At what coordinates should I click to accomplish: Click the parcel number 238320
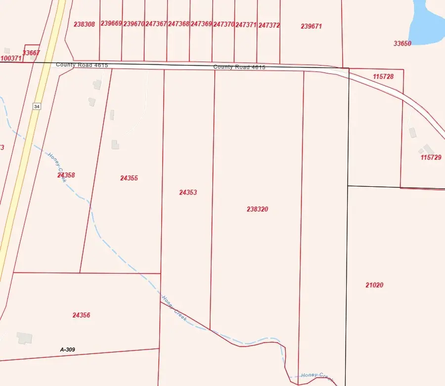pos(257,209)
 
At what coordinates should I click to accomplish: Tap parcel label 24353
pos(188,192)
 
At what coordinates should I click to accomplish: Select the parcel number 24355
pos(129,178)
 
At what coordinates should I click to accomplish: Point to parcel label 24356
pos(81,315)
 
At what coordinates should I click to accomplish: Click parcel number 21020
pos(374,285)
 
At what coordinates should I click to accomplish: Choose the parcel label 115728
pos(383,76)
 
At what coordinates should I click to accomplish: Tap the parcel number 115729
pos(431,158)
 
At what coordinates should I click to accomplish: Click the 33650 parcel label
pos(402,44)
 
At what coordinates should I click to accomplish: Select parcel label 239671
pos(311,26)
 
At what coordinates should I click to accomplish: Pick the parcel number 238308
pos(84,24)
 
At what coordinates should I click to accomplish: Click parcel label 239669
pos(111,23)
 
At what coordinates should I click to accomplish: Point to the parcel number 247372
pos(269,25)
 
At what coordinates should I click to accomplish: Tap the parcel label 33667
pos(31,53)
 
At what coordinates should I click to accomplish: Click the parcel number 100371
pos(11,58)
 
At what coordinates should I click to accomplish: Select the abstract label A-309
pos(68,350)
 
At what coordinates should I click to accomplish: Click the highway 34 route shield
pos(37,107)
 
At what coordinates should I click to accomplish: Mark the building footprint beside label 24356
pos(24,338)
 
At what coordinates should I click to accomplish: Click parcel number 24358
pos(66,175)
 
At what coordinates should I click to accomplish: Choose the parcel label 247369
pos(201,24)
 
